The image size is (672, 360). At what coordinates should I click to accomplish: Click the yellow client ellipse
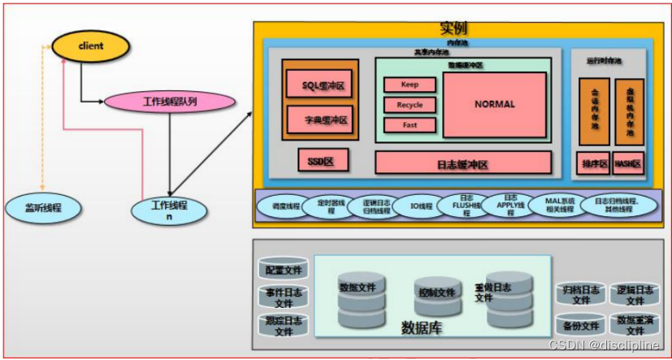pyautogui.click(x=90, y=46)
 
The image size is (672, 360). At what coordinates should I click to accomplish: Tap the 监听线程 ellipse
pyautogui.click(x=43, y=208)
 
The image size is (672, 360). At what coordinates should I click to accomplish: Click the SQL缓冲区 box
pyautogui.click(x=318, y=84)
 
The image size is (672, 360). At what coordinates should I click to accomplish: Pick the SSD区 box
pyautogui.click(x=323, y=161)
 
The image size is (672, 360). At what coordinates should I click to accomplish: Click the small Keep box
pyautogui.click(x=409, y=85)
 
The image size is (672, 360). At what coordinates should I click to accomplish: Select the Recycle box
pyautogui.click(x=409, y=105)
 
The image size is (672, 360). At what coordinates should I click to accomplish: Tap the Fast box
pyautogui.click(x=409, y=125)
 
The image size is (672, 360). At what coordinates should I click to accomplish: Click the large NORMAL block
pyautogui.click(x=494, y=104)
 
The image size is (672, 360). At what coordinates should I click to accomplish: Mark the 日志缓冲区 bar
pyautogui.click(x=462, y=163)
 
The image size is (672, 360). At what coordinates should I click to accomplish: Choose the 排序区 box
pyautogui.click(x=592, y=163)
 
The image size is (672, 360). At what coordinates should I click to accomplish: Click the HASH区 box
pyautogui.click(x=627, y=163)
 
